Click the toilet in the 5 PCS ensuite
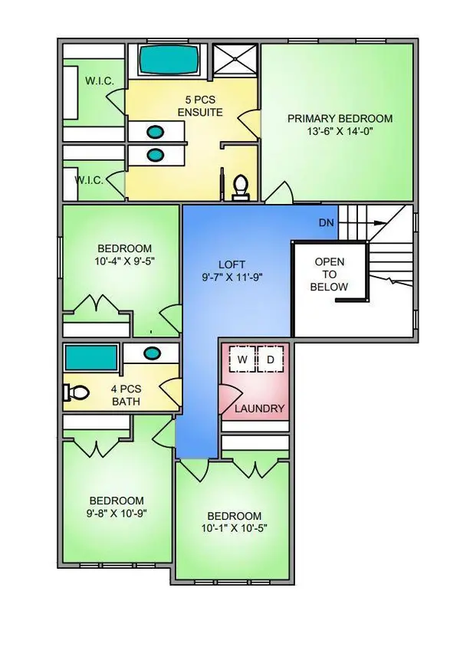(240, 188)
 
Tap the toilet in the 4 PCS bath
(77, 392)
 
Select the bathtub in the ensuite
(168, 61)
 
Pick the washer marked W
(242, 360)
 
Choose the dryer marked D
(271, 360)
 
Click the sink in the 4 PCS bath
(152, 353)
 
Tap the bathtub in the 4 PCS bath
(91, 358)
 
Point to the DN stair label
(326, 223)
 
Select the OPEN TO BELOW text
(329, 274)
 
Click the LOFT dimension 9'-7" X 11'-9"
(232, 277)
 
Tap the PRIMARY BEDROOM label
(340, 119)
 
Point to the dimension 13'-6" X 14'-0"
(340, 132)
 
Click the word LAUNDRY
(259, 409)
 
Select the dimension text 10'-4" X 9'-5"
(125, 261)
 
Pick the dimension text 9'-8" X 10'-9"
(117, 514)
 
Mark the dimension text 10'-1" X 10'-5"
(235, 529)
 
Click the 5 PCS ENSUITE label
(200, 106)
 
